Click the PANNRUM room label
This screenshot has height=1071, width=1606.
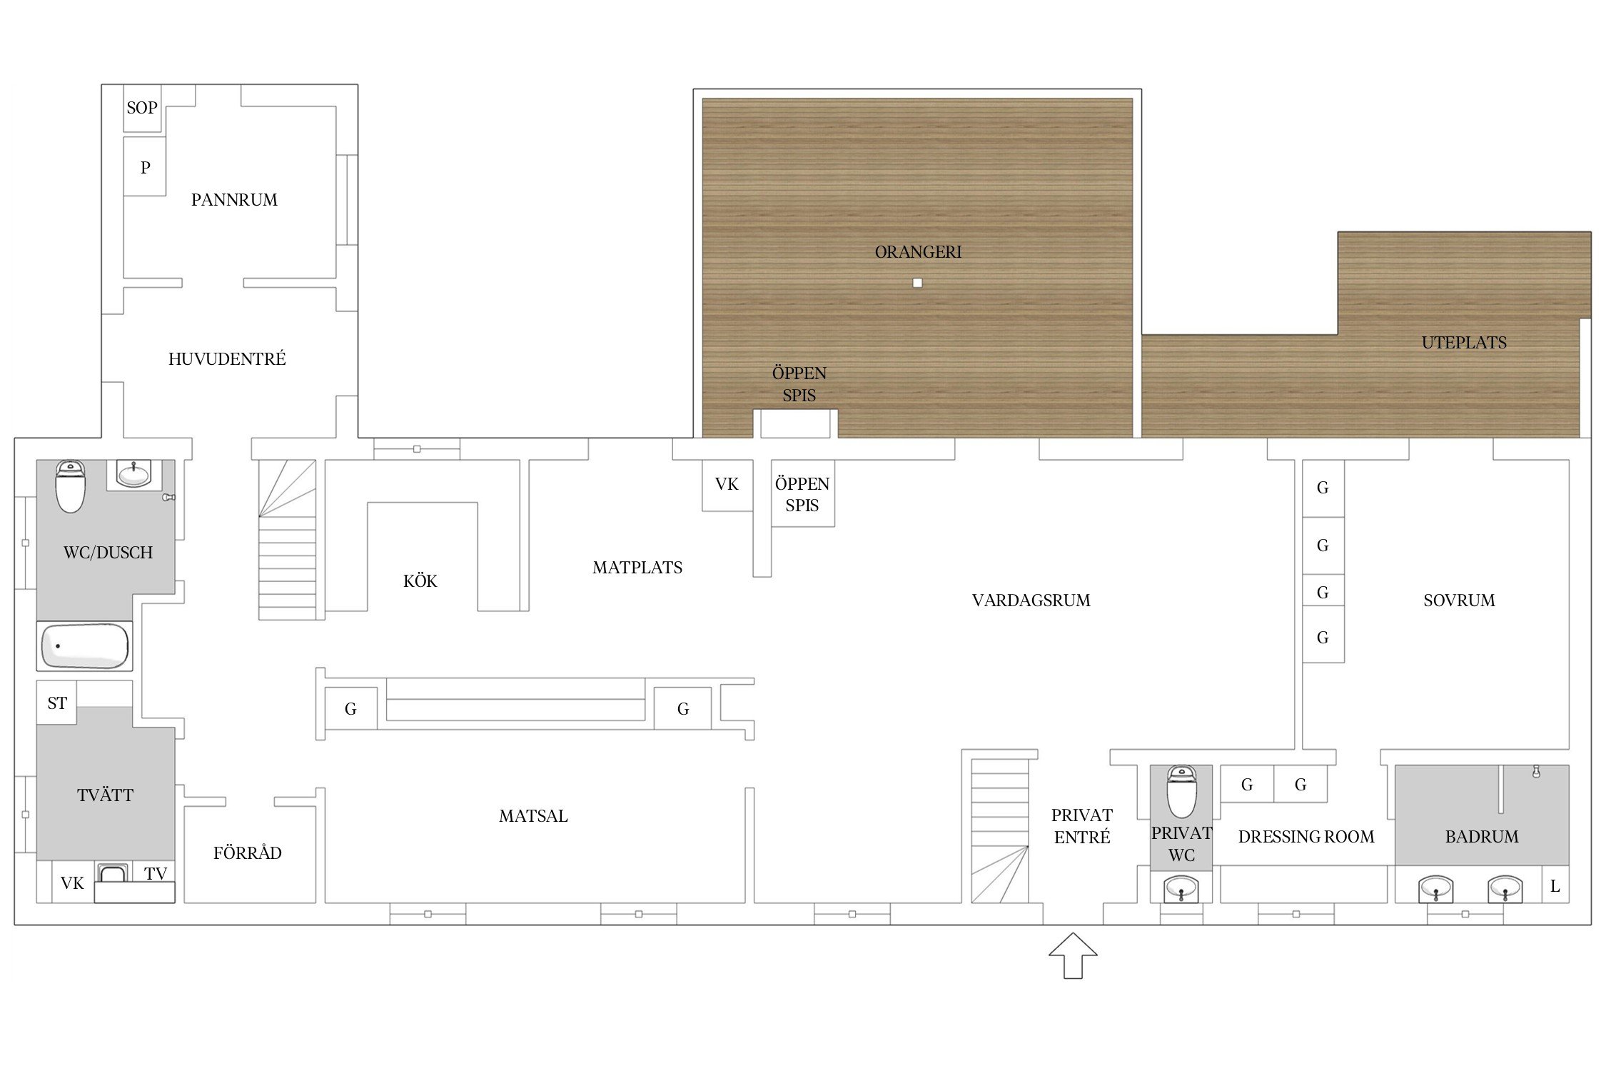click(234, 200)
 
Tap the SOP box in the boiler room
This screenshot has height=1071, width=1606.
click(142, 108)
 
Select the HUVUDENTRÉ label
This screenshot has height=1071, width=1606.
click(227, 358)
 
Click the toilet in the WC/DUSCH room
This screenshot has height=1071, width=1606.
click(71, 486)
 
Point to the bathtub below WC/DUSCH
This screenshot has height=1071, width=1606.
click(85, 646)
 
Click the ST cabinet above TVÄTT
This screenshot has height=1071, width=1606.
click(57, 703)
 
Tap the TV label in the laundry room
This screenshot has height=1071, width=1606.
click(156, 873)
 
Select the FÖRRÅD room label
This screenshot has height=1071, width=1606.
click(248, 853)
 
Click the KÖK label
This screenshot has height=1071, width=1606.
click(420, 581)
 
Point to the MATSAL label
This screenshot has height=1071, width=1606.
click(533, 816)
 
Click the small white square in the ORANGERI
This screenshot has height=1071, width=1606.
click(917, 283)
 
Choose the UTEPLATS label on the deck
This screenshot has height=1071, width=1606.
click(1464, 343)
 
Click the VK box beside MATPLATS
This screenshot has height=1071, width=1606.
click(727, 485)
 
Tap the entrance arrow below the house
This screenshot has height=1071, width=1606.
click(1073, 955)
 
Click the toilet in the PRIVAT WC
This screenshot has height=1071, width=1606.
click(1181, 792)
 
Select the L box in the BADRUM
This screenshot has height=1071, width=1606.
click(1555, 886)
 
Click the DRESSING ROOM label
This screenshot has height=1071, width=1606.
click(1306, 837)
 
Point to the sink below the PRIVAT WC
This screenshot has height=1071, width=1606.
click(1181, 890)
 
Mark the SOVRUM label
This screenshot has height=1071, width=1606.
click(1459, 600)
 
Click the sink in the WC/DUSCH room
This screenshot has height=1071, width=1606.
click(133, 473)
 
